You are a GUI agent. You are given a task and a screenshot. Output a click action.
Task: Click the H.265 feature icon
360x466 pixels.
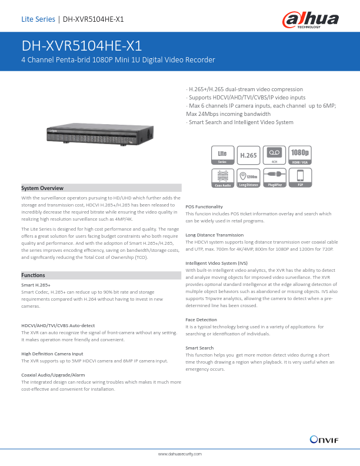[x=248, y=155]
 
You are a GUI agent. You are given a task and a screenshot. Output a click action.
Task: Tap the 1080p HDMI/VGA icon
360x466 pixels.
[x=300, y=154]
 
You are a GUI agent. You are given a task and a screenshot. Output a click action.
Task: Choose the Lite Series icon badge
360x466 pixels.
[x=222, y=154]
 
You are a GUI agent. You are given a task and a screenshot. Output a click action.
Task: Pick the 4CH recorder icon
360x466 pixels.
[x=274, y=154]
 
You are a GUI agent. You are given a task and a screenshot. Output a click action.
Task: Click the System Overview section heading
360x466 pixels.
[x=42, y=188]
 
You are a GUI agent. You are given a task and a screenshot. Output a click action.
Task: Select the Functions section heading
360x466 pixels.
[x=33, y=275]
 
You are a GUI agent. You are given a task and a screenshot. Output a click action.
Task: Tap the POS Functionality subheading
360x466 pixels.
[x=204, y=207]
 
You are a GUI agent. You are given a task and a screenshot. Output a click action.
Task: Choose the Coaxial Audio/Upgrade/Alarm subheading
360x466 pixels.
[x=53, y=374]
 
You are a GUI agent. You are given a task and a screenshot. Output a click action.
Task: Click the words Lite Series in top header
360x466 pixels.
[x=38, y=19]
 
